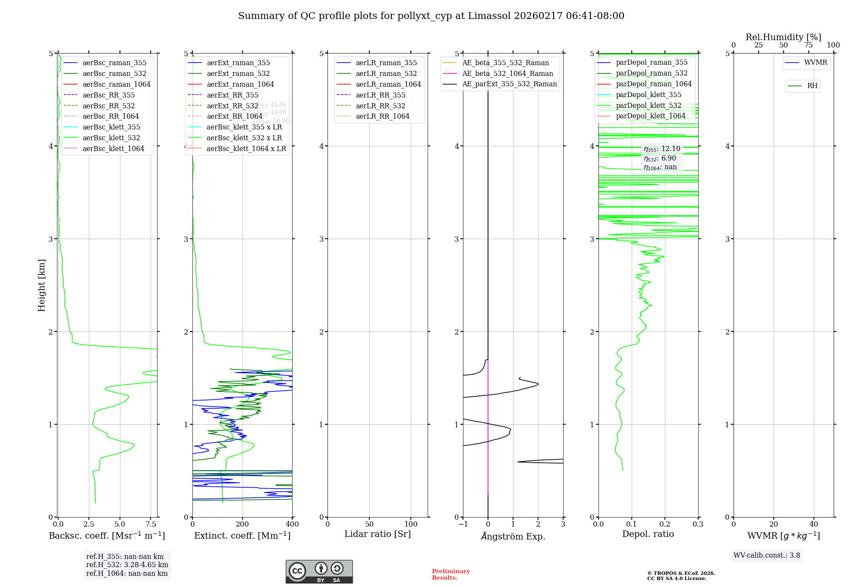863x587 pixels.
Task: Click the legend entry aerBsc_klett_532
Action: (x=111, y=138)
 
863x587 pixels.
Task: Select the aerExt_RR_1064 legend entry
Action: (x=234, y=117)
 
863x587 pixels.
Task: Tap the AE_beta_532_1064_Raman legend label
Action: (x=507, y=74)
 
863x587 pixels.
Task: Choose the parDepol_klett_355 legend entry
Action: (x=649, y=95)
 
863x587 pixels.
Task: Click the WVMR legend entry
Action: (x=816, y=63)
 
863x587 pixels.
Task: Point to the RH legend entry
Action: (x=812, y=86)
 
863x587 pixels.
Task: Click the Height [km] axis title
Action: (x=41, y=285)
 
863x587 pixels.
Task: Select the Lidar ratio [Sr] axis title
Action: (x=378, y=534)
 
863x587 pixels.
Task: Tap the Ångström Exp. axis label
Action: (x=513, y=537)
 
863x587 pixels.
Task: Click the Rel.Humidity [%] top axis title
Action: (x=783, y=37)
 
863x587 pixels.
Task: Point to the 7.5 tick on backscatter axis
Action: (x=151, y=524)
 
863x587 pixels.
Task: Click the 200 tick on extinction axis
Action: (x=243, y=524)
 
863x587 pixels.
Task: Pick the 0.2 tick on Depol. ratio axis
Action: (x=665, y=524)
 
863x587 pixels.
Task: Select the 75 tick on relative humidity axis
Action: (x=808, y=45)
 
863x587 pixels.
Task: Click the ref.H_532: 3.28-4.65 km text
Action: (x=127, y=565)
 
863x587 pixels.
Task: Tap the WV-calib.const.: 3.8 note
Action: (x=767, y=555)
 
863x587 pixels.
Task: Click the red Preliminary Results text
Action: (x=450, y=574)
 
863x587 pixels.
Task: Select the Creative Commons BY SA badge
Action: (x=319, y=572)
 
